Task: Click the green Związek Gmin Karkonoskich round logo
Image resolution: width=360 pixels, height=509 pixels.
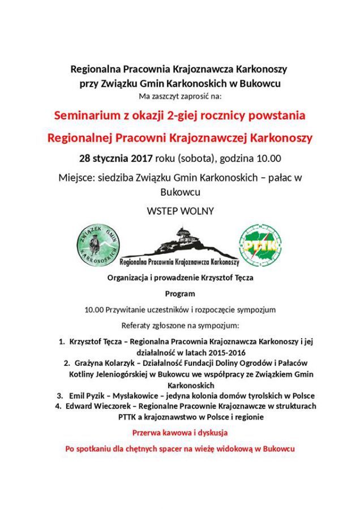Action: click(97, 245)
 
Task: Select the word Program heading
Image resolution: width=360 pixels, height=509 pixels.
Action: click(180, 294)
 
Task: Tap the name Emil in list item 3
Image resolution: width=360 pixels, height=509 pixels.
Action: click(77, 395)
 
